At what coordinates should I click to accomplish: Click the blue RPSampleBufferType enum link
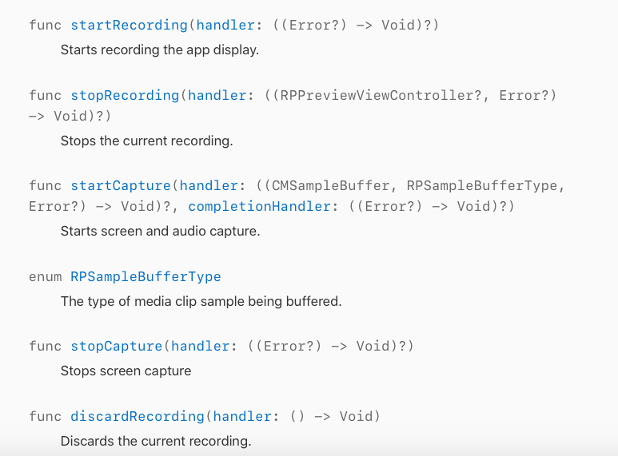pyautogui.click(x=146, y=276)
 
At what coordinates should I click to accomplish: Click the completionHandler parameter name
pyautogui.click(x=259, y=206)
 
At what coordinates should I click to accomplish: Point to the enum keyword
pyautogui.click(x=46, y=276)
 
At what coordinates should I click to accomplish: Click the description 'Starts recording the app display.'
pyautogui.click(x=160, y=50)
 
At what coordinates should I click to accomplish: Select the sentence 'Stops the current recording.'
pyautogui.click(x=146, y=141)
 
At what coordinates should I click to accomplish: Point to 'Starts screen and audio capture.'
pyautogui.click(x=160, y=232)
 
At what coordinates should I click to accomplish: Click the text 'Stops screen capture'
pyautogui.click(x=126, y=371)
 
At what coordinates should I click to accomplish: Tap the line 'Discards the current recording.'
pyautogui.click(x=156, y=441)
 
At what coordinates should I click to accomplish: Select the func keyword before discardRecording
pyautogui.click(x=46, y=416)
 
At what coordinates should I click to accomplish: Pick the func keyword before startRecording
pyautogui.click(x=46, y=25)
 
